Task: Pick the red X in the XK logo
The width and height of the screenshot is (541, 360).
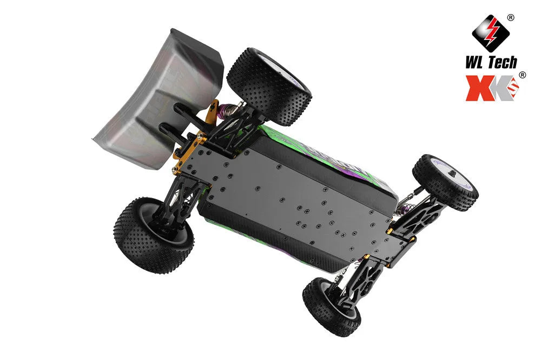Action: [x=478, y=88]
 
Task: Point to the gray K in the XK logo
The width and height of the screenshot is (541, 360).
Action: [x=500, y=88]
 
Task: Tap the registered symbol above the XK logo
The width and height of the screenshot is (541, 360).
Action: [x=522, y=75]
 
